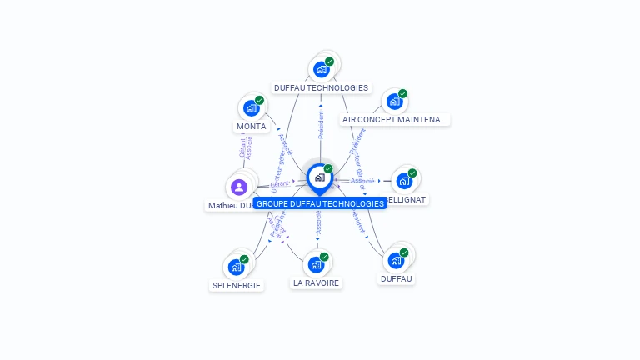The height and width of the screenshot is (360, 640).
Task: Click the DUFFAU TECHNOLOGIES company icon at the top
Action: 321,69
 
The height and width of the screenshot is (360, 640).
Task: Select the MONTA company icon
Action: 251,107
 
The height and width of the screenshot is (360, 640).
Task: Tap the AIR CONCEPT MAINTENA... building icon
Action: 394,102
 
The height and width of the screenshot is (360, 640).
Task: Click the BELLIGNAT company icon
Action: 404,181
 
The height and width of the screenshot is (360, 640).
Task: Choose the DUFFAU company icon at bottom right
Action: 396,260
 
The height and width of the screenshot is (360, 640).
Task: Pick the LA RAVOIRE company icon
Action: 316,264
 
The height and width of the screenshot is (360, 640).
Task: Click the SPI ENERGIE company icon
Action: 236,267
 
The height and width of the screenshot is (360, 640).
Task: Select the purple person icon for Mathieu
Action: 239,187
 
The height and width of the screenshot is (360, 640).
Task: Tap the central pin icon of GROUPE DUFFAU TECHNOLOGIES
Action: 319,177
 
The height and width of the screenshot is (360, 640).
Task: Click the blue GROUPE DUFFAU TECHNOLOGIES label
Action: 320,203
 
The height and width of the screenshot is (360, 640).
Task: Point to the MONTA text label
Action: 252,127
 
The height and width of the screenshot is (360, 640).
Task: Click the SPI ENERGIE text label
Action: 236,285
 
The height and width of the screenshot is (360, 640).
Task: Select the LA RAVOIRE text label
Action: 316,282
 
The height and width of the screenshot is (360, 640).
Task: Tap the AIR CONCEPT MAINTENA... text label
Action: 394,120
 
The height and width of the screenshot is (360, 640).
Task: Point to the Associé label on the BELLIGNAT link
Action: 362,180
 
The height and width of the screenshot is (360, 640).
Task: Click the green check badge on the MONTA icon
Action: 259,100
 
